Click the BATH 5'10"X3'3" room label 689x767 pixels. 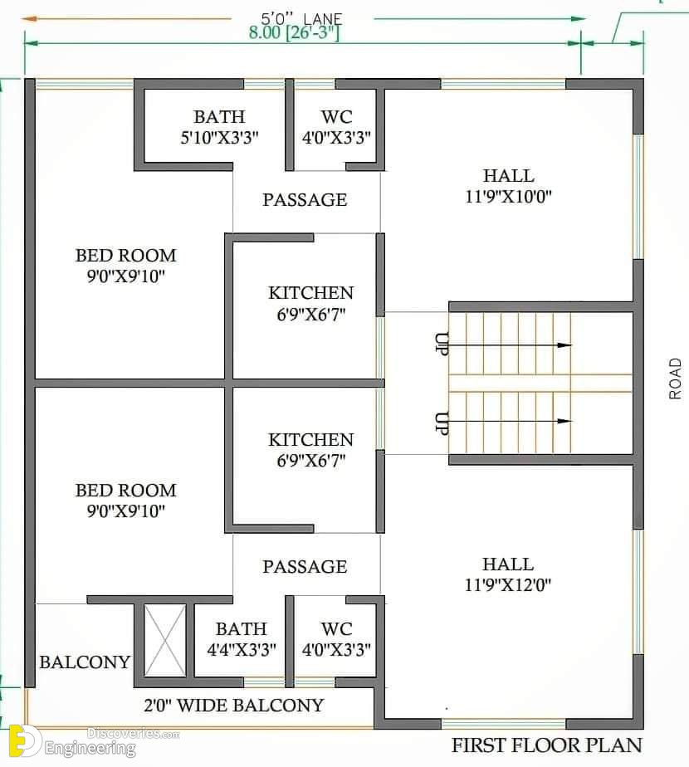point(219,127)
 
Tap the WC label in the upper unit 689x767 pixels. point(337,127)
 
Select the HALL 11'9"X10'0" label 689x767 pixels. point(508,186)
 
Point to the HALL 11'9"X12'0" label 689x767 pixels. point(508,574)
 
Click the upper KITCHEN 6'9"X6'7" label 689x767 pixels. point(310,303)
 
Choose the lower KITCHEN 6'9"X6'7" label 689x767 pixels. point(310,450)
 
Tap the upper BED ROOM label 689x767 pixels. point(125,266)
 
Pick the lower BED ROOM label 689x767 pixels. point(125,501)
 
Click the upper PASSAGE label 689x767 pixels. point(305,199)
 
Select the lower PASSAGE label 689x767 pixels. point(305,566)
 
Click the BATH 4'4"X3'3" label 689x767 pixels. point(242,639)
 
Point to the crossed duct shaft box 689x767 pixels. point(165,641)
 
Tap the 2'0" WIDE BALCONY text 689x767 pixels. point(234,706)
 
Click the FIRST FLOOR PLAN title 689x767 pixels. point(546,745)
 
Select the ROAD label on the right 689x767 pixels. point(675,379)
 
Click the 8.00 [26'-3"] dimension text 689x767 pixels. point(294,32)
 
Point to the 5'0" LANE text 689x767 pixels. point(301,18)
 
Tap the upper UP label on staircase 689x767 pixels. point(442,344)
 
